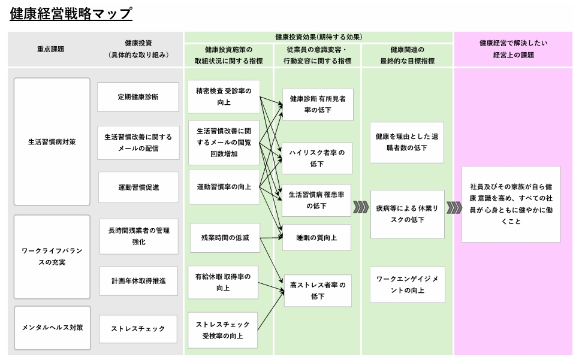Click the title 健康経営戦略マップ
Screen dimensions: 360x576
coord(71,13)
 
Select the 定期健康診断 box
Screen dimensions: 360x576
coord(138,97)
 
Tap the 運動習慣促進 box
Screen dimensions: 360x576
coord(138,187)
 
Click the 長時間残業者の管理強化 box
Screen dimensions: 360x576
coord(138,236)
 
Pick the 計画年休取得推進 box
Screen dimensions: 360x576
coord(138,280)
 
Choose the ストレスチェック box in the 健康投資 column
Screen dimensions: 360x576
coord(138,328)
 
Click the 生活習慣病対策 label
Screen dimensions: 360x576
coord(52,143)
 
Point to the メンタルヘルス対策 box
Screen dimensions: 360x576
coord(52,328)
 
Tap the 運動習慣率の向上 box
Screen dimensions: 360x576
coord(224,187)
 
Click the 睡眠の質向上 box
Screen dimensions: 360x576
coord(317,238)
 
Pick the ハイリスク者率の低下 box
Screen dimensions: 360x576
coord(317,158)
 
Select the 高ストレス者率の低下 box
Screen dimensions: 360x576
coord(317,291)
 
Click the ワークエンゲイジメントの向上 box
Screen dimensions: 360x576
coord(407,285)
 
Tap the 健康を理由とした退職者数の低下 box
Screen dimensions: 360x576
coord(407,142)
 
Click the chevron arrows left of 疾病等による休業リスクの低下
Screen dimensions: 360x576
coord(360,207)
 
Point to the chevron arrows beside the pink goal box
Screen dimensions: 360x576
coord(454,207)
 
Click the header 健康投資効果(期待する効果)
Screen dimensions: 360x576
coord(318,37)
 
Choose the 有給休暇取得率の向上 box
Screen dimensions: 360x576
coord(224,282)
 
